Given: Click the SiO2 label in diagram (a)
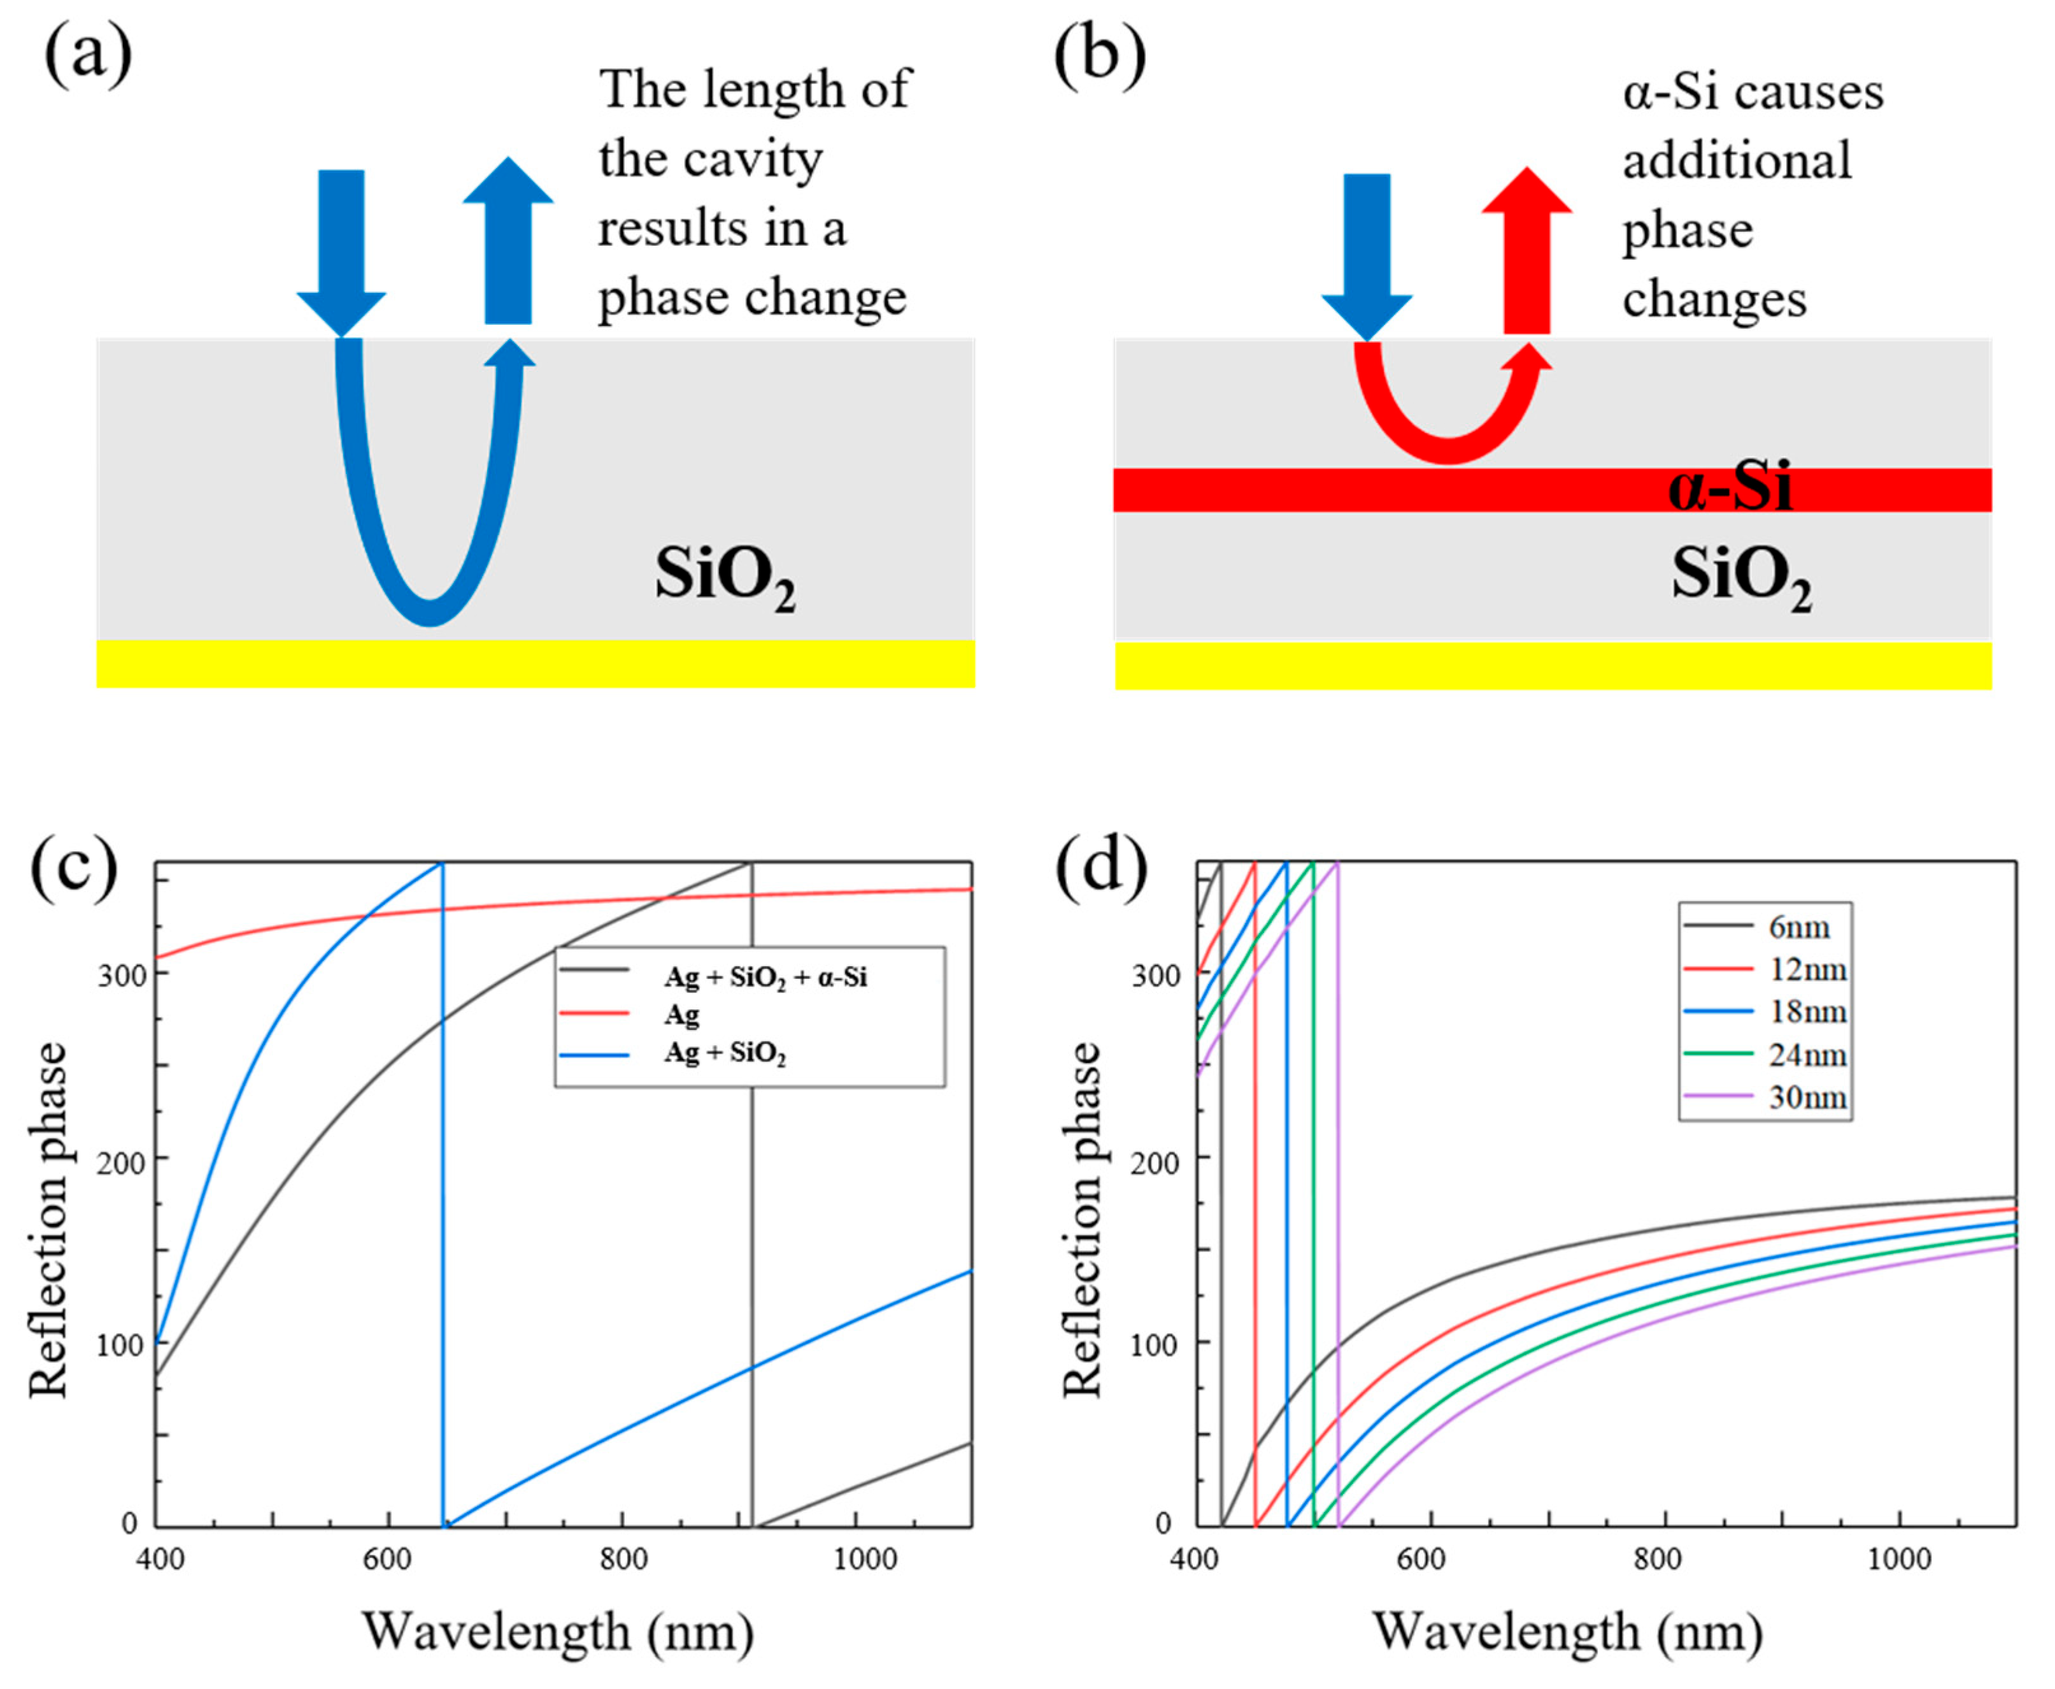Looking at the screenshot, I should click(725, 578).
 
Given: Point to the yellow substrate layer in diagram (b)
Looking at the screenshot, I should click(1552, 666).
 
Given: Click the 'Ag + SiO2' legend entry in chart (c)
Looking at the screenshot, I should click(725, 1053).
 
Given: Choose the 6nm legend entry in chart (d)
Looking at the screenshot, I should click(1798, 927).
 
